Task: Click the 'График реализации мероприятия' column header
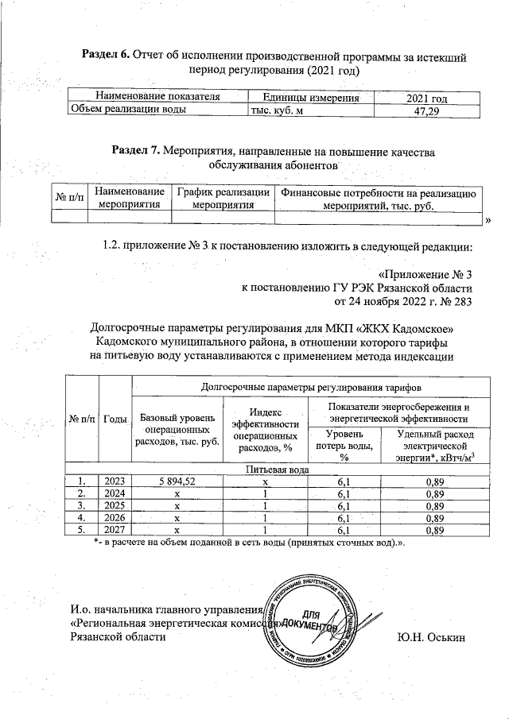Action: pos(222,199)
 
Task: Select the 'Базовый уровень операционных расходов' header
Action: pos(177,428)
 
